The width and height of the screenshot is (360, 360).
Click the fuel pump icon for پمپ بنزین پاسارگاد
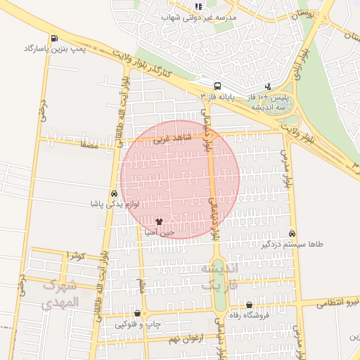54,38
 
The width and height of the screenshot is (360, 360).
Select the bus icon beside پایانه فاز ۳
217,83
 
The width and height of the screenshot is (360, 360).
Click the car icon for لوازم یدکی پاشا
113,193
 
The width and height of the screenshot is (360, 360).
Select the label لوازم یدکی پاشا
112,203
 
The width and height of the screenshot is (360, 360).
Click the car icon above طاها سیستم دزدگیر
292,233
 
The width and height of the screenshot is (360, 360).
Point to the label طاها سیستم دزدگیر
292,244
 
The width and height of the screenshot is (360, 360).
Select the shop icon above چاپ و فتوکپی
137,314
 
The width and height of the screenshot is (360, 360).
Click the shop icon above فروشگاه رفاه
250,304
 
